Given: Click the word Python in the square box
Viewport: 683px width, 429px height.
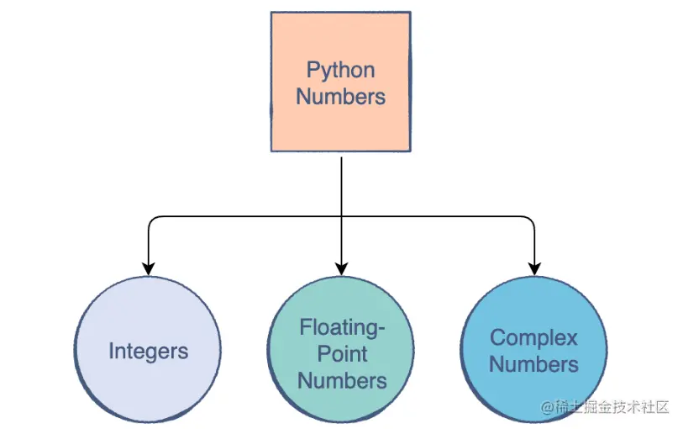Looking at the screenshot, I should pyautogui.click(x=340, y=70).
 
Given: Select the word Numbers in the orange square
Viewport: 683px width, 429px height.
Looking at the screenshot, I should pyautogui.click(x=340, y=96).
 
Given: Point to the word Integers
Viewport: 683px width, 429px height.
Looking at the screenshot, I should pyautogui.click(x=148, y=351).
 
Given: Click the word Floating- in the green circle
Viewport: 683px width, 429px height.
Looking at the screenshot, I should pyautogui.click(x=341, y=326).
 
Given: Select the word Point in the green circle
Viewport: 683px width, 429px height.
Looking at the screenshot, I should pyautogui.click(x=341, y=352).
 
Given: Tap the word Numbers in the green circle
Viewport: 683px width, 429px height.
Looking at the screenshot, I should pyautogui.click(x=341, y=380).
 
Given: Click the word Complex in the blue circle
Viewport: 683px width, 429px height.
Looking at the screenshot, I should pyautogui.click(x=533, y=337).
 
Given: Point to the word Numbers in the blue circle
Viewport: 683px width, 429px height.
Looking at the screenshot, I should pyautogui.click(x=533, y=364).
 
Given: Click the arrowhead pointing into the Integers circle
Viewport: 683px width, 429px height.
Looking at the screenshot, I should pyautogui.click(x=149, y=268).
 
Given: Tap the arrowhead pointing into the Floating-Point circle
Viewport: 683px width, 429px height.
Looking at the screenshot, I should pyautogui.click(x=341, y=268).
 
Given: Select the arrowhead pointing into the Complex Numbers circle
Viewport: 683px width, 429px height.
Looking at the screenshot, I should pyautogui.click(x=534, y=268).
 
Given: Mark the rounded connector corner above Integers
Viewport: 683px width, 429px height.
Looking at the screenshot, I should pyautogui.click(x=152, y=220).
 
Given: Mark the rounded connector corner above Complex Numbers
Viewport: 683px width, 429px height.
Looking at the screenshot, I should pyautogui.click(x=531, y=220).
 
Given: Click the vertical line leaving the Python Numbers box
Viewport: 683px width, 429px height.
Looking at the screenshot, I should pyautogui.click(x=341, y=185).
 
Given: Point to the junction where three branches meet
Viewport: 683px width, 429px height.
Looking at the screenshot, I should pyautogui.click(x=341, y=217).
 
